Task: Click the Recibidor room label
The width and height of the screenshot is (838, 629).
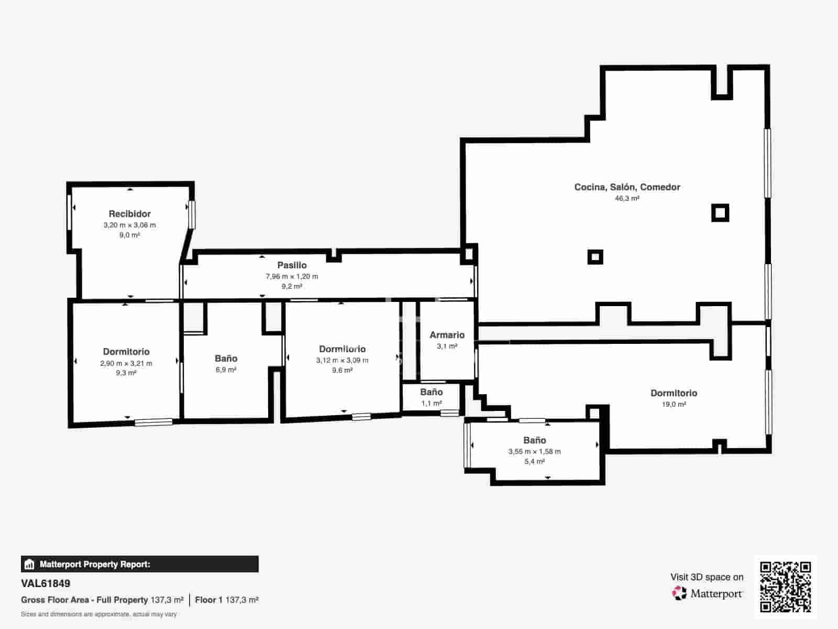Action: (129, 214)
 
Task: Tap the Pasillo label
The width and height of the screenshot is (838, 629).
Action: (292, 265)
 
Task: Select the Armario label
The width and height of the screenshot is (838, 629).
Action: (447, 335)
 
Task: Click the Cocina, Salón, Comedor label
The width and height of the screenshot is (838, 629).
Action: (627, 187)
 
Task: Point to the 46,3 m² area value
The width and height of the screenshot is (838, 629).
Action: (627, 198)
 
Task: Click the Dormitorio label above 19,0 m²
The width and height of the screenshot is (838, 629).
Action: (674, 393)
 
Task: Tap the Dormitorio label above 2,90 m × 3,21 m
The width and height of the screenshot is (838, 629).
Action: (126, 352)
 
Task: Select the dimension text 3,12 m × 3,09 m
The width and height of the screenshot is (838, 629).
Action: (342, 360)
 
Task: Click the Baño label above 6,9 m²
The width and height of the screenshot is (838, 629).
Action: (226, 358)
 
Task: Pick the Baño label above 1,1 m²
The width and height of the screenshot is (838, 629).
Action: (432, 392)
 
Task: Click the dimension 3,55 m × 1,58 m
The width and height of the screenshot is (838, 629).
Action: (535, 451)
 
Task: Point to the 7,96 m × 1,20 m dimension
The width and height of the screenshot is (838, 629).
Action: (292, 276)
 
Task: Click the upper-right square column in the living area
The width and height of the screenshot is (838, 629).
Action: (720, 213)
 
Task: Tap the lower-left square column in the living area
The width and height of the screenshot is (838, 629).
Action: (595, 257)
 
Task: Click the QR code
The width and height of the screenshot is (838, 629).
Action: (785, 587)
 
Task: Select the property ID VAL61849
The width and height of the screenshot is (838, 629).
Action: (46, 583)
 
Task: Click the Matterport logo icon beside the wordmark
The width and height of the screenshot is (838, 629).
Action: (679, 593)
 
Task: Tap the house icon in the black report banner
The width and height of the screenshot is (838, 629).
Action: (29, 564)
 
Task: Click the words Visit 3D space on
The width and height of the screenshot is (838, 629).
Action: (707, 577)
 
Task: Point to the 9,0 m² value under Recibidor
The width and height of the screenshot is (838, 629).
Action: (129, 235)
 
